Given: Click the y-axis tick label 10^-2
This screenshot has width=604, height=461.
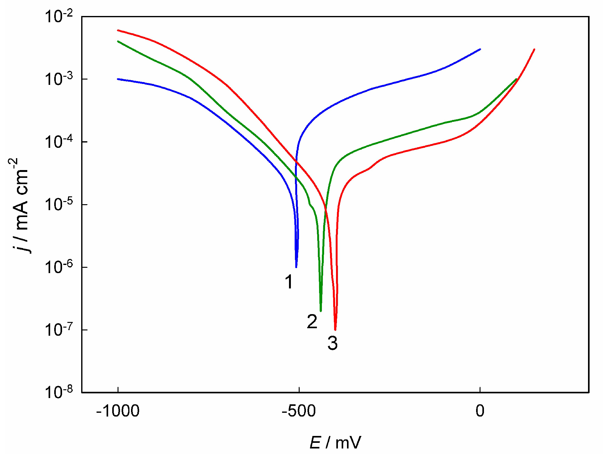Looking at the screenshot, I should click(59, 16).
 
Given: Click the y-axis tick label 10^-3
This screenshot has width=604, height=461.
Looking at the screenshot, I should click(59, 79).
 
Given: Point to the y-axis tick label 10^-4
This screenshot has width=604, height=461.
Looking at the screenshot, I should click(59, 142).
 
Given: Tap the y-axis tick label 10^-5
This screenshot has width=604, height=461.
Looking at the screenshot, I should click(59, 205).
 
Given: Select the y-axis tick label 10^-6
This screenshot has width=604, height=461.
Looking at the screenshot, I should click(59, 267).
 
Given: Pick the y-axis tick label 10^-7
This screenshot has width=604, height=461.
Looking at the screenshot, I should click(59, 330).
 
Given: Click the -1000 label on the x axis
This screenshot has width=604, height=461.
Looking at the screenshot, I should click(118, 411).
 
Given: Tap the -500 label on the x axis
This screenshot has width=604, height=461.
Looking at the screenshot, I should click(299, 411).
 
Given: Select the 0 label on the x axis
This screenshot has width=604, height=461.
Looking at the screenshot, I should click(480, 411).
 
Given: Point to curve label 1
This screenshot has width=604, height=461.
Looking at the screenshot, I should click(289, 282).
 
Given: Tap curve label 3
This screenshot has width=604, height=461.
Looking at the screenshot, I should click(333, 343).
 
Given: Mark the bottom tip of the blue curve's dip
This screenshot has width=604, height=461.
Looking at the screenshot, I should click(296, 267).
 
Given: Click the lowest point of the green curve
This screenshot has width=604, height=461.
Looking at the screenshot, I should click(321, 311).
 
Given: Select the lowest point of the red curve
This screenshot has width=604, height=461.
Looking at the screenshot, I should click(335, 330).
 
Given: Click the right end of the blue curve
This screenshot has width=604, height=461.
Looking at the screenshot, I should click(480, 49).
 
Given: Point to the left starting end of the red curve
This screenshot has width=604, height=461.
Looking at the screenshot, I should click(118, 30).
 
